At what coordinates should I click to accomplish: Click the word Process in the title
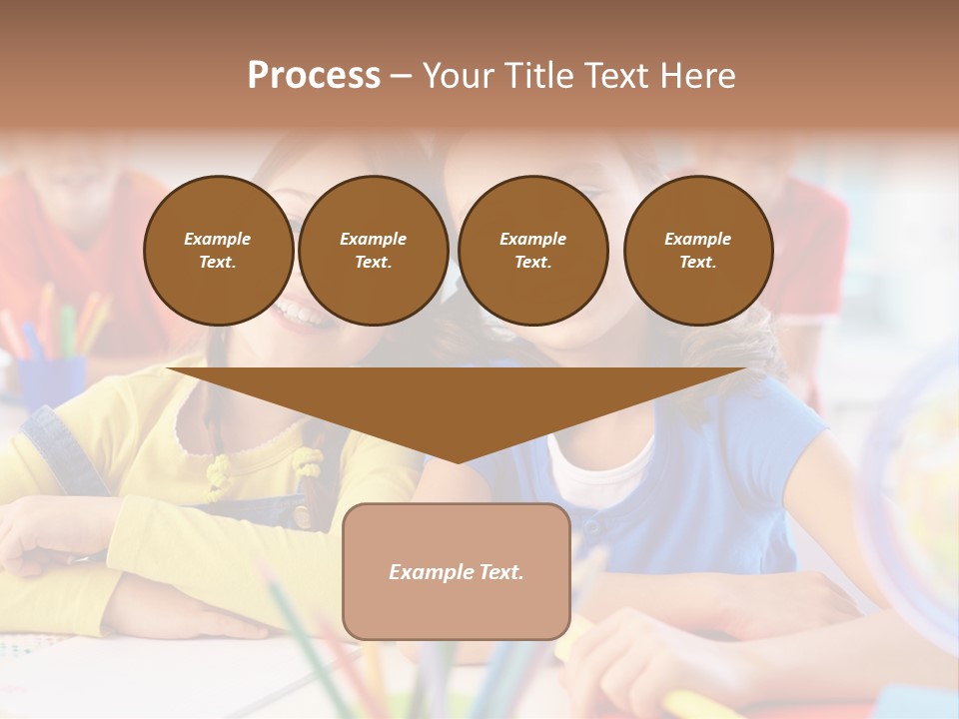coord(314,76)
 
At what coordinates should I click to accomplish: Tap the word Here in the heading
coord(696,76)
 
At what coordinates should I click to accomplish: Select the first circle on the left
coord(218,251)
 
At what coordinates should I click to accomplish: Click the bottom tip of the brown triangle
coord(458,460)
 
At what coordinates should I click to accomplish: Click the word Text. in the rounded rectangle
coord(500,572)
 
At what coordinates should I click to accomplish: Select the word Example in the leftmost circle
coord(218,239)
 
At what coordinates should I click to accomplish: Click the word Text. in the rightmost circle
coord(698,262)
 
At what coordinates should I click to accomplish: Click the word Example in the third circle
coord(532,239)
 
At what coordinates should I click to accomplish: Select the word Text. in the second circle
coord(373,262)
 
